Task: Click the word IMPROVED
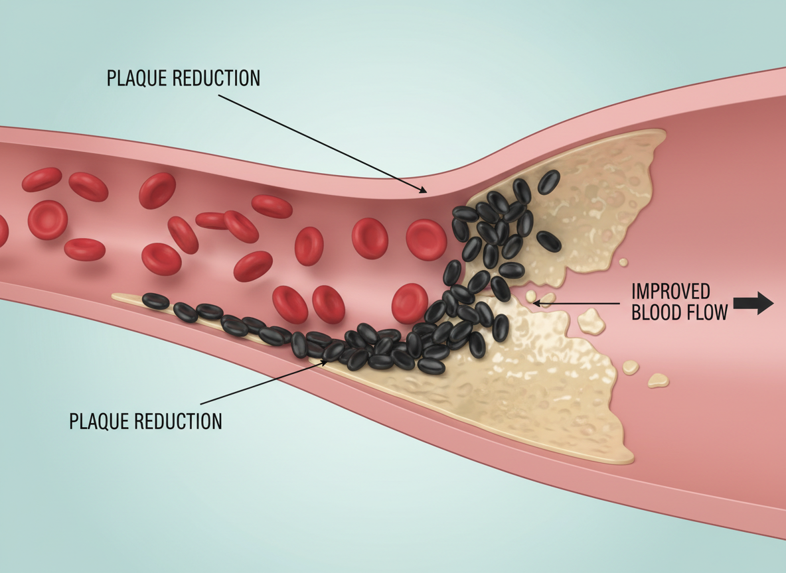click(670, 292)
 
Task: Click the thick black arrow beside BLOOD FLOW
click(755, 304)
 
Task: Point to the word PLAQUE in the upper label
click(136, 78)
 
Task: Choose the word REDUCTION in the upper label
click(216, 78)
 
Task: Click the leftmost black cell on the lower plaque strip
click(155, 301)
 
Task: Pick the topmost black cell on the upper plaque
click(548, 182)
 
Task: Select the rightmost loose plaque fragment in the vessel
click(659, 380)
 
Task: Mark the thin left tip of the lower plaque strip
click(116, 297)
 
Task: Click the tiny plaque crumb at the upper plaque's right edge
click(623, 263)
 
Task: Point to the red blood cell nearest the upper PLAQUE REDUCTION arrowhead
click(426, 239)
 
